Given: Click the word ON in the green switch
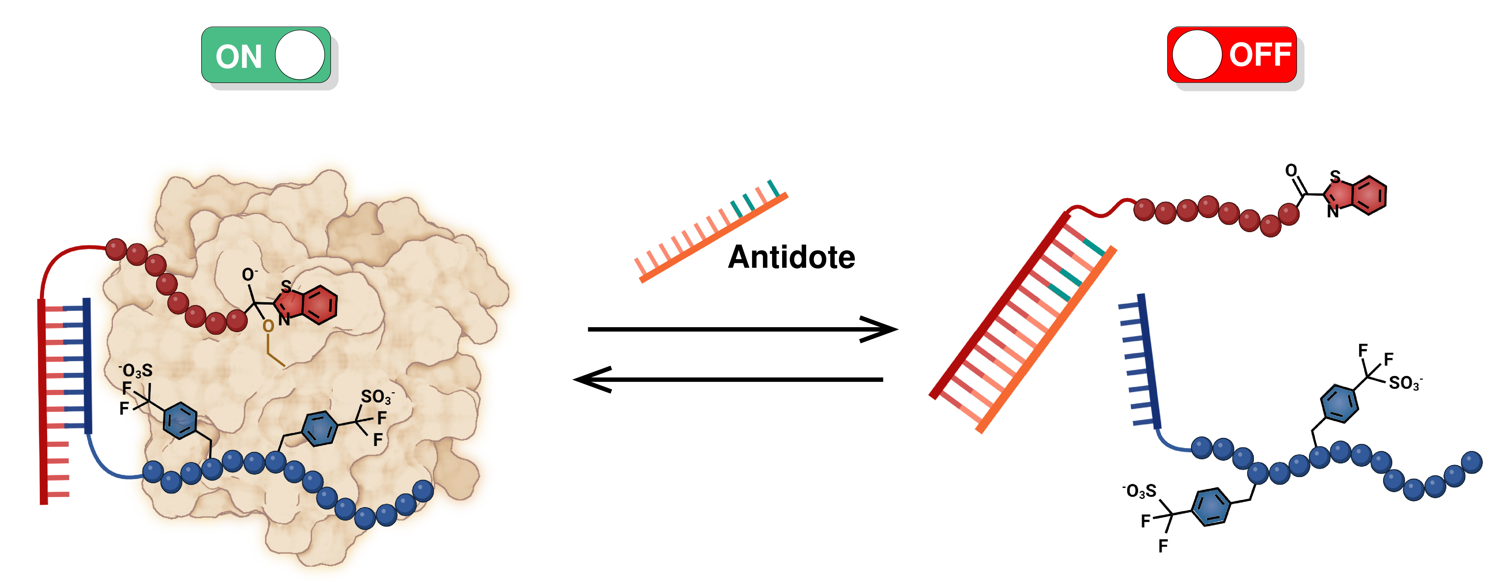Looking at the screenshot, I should (238, 57).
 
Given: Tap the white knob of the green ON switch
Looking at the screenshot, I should (300, 55).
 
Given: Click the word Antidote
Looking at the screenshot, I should (791, 257).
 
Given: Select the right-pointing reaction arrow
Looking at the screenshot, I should (742, 330).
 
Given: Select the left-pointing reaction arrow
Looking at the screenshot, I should (730, 380).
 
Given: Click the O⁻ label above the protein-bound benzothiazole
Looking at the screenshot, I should (249, 275).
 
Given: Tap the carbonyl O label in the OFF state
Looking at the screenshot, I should (1291, 170).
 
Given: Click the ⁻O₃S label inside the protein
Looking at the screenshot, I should (136, 370).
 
